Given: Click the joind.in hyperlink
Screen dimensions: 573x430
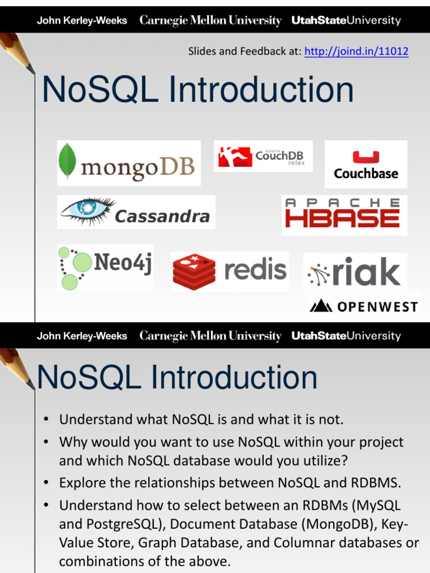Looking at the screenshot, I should click(356, 52).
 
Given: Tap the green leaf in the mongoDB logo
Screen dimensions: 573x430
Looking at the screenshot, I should click(68, 161).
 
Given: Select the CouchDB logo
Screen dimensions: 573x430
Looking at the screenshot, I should click(263, 156).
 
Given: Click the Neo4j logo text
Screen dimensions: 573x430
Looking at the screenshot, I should click(123, 262).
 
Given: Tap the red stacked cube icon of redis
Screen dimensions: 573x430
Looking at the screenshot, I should click(194, 271).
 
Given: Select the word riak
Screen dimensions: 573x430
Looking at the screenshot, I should click(366, 272).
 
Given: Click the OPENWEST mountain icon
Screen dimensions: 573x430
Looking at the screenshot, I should click(321, 306).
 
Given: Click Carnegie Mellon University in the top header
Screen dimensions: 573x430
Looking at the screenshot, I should click(210, 21).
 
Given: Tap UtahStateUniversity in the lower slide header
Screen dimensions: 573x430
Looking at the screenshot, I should click(346, 336).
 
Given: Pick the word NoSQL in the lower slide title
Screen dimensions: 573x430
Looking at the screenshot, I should click(90, 378).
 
